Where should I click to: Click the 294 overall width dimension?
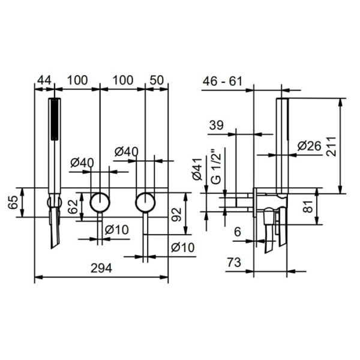point(101,268)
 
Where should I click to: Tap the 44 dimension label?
point(44,80)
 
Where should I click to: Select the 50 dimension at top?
point(157,80)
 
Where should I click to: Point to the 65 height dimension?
point(13,202)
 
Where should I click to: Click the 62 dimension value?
point(74,206)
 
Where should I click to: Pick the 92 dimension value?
point(177,214)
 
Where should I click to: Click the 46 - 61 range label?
point(223,81)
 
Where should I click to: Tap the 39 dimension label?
point(216,125)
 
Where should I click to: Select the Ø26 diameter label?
point(309,146)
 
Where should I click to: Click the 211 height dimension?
point(331,146)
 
